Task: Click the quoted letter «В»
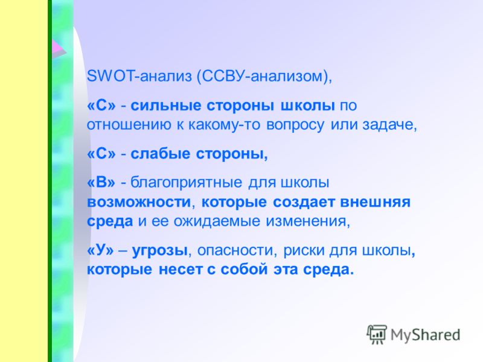[101, 183]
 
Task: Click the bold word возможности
[139, 202]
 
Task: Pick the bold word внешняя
[375, 202]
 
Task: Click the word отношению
[129, 125]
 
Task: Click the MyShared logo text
[426, 335]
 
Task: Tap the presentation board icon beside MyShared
[377, 334]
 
